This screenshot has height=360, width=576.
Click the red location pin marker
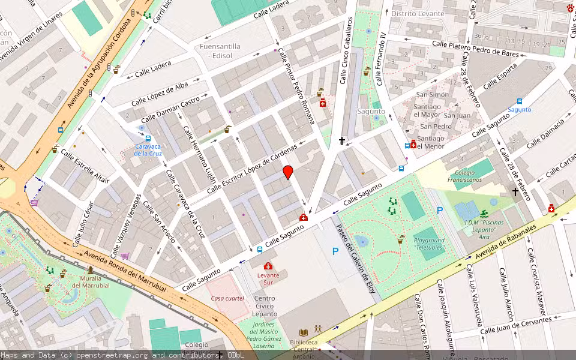coord(288,172)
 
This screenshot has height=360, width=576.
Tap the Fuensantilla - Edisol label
coord(220,50)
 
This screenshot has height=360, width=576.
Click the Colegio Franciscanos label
coord(460,176)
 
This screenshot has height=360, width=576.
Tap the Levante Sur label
coord(268,278)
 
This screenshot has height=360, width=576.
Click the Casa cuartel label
coord(226,298)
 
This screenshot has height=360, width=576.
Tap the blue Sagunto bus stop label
coord(520,109)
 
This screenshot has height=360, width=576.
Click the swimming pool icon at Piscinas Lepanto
coord(484,213)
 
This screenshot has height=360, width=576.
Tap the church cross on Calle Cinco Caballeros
coord(342,141)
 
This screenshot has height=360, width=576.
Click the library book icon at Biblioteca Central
coord(304,332)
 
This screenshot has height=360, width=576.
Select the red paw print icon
coord(569,8)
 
